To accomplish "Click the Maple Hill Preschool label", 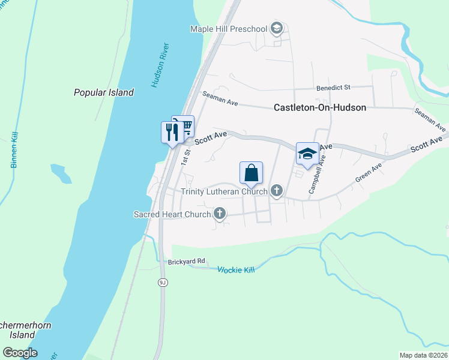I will (228, 29).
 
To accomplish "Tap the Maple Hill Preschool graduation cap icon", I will (276, 28).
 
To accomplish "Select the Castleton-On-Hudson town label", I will (319, 108).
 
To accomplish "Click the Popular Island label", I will (103, 92).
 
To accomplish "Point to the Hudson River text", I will (161, 65).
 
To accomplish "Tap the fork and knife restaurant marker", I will (172, 131).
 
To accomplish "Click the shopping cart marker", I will (184, 125).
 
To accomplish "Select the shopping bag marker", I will (252, 173).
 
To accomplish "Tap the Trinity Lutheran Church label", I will (224, 191).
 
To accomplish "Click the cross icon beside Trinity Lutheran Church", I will (276, 191).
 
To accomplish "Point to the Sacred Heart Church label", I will (172, 214).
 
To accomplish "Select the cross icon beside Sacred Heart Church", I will (220, 213).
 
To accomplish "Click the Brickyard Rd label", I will (186, 261).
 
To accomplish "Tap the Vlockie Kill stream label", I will (236, 270).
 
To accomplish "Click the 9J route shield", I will (163, 282).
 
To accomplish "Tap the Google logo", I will (20, 353).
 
